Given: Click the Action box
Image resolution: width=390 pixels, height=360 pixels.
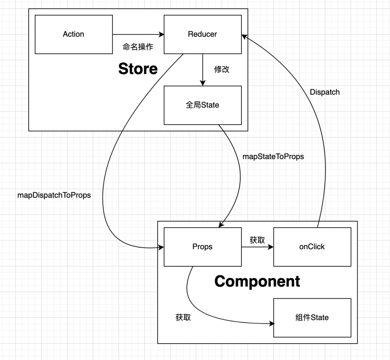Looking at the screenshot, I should pyautogui.click(x=74, y=34).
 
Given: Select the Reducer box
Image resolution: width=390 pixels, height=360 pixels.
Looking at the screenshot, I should pyautogui.click(x=202, y=34).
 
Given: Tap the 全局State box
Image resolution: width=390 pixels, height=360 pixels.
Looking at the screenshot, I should pyautogui.click(x=202, y=105).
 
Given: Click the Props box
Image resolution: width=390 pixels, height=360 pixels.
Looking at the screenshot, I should pyautogui.click(x=202, y=247).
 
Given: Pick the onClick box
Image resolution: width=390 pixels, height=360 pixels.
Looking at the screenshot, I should pyautogui.click(x=312, y=247).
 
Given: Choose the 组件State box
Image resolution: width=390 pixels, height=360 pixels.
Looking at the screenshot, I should pyautogui.click(x=312, y=317).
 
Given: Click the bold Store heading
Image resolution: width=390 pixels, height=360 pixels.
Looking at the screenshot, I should pyautogui.click(x=138, y=69).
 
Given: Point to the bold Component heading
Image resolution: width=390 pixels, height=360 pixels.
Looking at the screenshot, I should pyautogui.click(x=257, y=281).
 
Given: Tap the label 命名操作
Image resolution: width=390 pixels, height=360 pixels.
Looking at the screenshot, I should pyautogui.click(x=138, y=47).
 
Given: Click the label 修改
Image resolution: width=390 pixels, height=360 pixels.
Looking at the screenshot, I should pyautogui.click(x=222, y=70).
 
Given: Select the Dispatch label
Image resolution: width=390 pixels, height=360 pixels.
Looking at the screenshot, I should pyautogui.click(x=324, y=92).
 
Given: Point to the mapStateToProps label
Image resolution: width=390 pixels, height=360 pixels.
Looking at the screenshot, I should pyautogui.click(x=273, y=156).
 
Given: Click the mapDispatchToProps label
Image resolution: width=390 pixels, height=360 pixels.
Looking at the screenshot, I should pyautogui.click(x=54, y=195).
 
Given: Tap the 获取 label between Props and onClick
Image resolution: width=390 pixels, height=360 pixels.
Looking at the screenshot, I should pyautogui.click(x=257, y=240).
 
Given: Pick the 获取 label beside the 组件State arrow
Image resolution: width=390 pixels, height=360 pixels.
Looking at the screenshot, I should pyautogui.click(x=183, y=317).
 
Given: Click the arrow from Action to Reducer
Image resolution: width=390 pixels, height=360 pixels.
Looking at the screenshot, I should pyautogui.click(x=138, y=34).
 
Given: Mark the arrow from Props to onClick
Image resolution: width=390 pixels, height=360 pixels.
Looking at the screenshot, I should pyautogui.click(x=257, y=247).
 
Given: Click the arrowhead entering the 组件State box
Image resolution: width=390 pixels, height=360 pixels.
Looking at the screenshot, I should pyautogui.click(x=271, y=324).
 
